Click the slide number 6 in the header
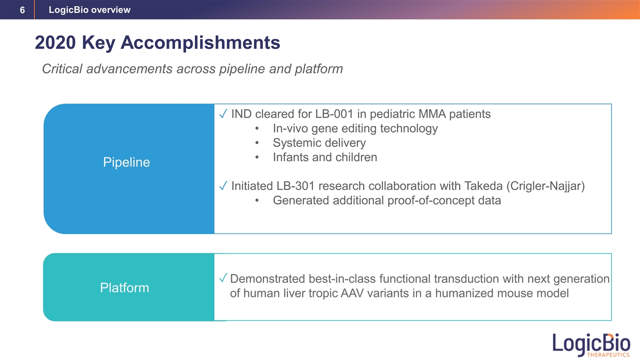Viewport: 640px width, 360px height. point(22,10)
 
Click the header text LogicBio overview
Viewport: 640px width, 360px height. point(89,9)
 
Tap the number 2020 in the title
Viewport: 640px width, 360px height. point(55,42)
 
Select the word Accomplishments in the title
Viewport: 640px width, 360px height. point(200,43)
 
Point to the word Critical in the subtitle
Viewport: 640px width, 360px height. point(62,69)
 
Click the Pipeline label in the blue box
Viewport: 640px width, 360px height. point(126,162)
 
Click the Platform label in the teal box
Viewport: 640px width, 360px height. point(124,287)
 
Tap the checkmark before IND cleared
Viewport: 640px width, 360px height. point(223,113)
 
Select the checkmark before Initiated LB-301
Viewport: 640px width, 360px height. point(223,185)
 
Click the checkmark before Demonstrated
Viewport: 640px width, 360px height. point(223,277)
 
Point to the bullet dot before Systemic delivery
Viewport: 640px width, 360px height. point(257,143)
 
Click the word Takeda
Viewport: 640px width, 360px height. point(483,186)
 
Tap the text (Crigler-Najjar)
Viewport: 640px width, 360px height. point(545,186)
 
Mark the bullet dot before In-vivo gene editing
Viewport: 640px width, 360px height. point(257,128)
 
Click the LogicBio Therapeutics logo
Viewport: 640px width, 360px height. point(591,345)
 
